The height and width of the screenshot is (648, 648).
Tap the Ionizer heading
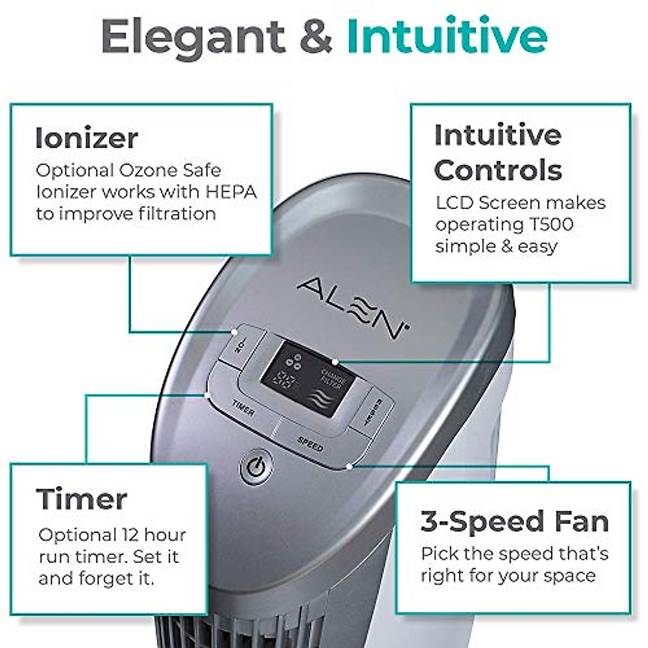87,138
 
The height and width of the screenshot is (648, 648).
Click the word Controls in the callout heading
498,170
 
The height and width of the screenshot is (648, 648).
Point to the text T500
546,224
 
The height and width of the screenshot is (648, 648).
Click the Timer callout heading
82,499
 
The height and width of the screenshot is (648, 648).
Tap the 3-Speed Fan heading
515,522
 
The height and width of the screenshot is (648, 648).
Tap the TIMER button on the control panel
243,408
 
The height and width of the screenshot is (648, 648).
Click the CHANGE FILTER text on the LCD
330,378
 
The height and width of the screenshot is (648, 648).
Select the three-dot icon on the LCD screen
294,360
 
